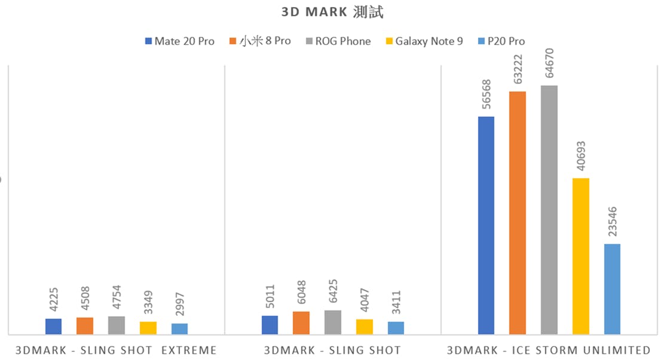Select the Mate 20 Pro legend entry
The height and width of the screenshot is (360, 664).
click(179, 41)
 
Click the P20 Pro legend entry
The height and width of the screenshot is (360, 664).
click(501, 41)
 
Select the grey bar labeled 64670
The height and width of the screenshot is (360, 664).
click(549, 209)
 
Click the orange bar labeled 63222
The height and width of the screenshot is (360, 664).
click(518, 212)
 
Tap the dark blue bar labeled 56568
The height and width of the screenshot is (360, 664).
click(486, 225)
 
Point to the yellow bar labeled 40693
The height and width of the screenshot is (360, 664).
click(581, 256)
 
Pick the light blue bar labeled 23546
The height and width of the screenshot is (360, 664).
click(612, 288)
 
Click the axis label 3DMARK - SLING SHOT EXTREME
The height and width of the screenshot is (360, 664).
click(115, 350)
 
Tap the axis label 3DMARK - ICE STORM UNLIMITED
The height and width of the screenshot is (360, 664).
click(548, 350)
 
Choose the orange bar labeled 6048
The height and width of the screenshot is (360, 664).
click(301, 322)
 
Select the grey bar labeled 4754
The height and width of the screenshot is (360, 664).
click(117, 325)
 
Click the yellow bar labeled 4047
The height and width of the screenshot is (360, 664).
click(365, 327)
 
